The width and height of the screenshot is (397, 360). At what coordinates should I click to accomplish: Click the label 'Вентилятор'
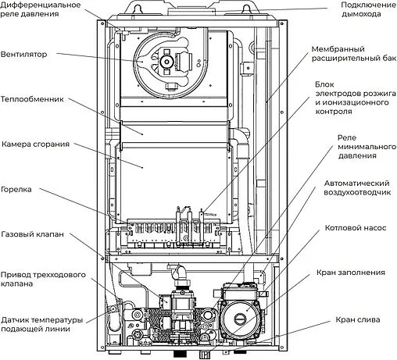(24, 55)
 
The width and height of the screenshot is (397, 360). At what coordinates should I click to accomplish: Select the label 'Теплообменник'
(33, 99)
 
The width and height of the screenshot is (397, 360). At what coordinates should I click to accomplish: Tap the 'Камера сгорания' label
(36, 144)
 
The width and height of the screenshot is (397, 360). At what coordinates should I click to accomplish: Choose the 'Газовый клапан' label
(33, 234)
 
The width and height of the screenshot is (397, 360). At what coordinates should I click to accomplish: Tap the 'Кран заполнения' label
(351, 273)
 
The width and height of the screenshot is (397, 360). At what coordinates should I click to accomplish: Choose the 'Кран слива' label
(355, 320)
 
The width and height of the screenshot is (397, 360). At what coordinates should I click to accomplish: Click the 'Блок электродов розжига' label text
(352, 97)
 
